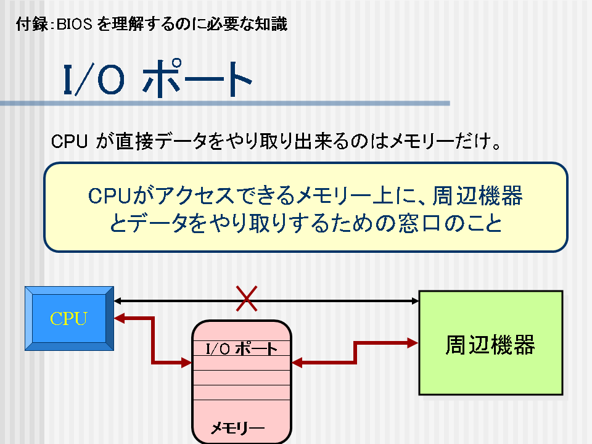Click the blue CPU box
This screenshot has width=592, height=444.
click(x=70, y=319)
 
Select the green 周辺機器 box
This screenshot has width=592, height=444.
click(x=491, y=343)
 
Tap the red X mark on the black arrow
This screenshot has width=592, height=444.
click(x=247, y=298)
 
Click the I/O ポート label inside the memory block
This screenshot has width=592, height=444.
click(x=242, y=348)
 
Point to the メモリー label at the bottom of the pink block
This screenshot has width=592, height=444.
click(x=237, y=428)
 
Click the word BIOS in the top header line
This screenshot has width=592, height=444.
click(x=75, y=25)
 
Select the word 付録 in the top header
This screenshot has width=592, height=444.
click(x=31, y=25)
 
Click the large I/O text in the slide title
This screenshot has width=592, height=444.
click(x=94, y=80)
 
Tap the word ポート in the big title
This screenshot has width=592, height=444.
click(x=197, y=78)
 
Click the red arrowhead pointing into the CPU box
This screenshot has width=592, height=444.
click(x=119, y=318)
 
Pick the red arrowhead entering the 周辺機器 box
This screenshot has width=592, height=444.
click(x=413, y=343)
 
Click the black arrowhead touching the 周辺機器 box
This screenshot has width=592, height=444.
click(x=415, y=301)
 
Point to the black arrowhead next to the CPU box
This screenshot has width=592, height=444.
click(x=118, y=301)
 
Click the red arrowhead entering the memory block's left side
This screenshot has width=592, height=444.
click(x=186, y=363)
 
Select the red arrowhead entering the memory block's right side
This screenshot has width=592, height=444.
click(x=297, y=363)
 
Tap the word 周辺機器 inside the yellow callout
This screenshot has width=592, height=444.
click(x=477, y=196)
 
